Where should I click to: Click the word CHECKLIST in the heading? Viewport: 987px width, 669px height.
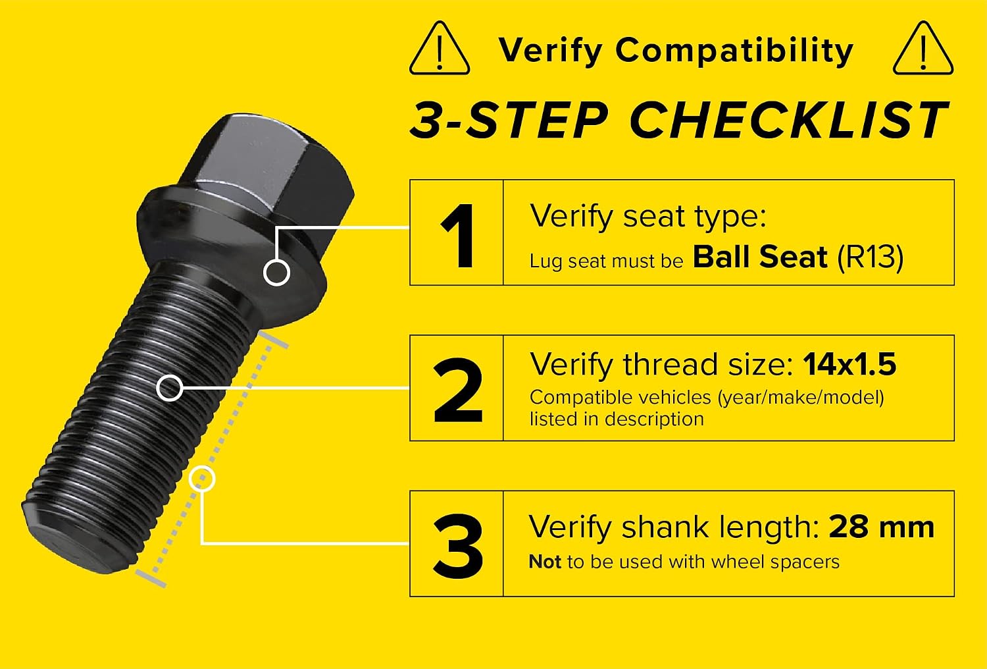(x=789, y=120)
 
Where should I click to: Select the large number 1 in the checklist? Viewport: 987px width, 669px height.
(x=458, y=236)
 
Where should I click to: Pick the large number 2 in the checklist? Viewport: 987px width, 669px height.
(x=458, y=390)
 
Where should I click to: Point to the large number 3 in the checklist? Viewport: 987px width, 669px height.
(x=458, y=545)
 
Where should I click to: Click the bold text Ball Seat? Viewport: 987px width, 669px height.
(x=760, y=257)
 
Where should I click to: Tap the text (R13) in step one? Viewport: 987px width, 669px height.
(x=871, y=257)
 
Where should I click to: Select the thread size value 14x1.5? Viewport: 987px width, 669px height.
(x=849, y=364)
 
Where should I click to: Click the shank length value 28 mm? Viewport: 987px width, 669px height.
(x=881, y=527)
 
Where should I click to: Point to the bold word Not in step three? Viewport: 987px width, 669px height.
(x=545, y=562)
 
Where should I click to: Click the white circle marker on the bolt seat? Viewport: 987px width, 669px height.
(x=276, y=273)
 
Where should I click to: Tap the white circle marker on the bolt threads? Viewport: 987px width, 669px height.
(x=169, y=388)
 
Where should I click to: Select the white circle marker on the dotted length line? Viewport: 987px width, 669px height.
(x=202, y=479)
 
